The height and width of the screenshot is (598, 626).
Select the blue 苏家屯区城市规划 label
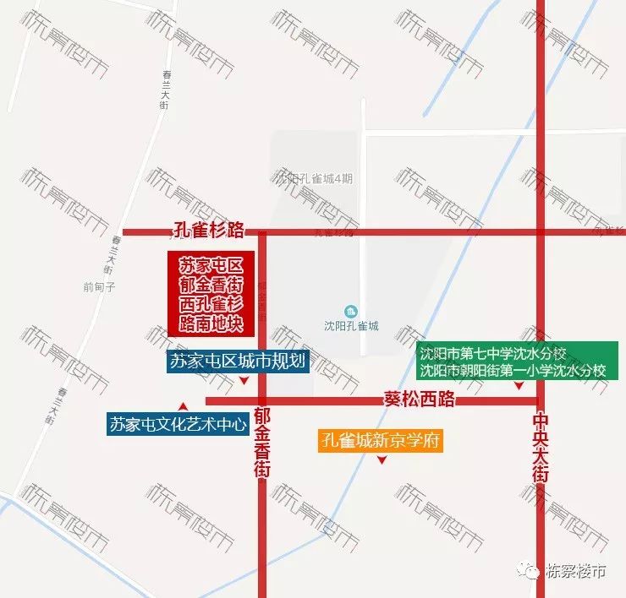click(238, 362)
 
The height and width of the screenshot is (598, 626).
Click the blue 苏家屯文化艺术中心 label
click(178, 425)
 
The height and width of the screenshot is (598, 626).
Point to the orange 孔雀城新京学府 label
click(381, 442)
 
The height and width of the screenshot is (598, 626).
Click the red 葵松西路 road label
click(420, 400)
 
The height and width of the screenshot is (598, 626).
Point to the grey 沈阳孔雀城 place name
click(352, 326)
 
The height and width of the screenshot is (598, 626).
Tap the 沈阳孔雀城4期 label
click(313, 178)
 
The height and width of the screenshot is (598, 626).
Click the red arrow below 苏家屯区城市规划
click(244, 382)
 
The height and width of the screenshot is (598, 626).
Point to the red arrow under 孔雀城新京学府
click(382, 460)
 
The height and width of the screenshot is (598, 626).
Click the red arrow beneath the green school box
click(519, 385)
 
